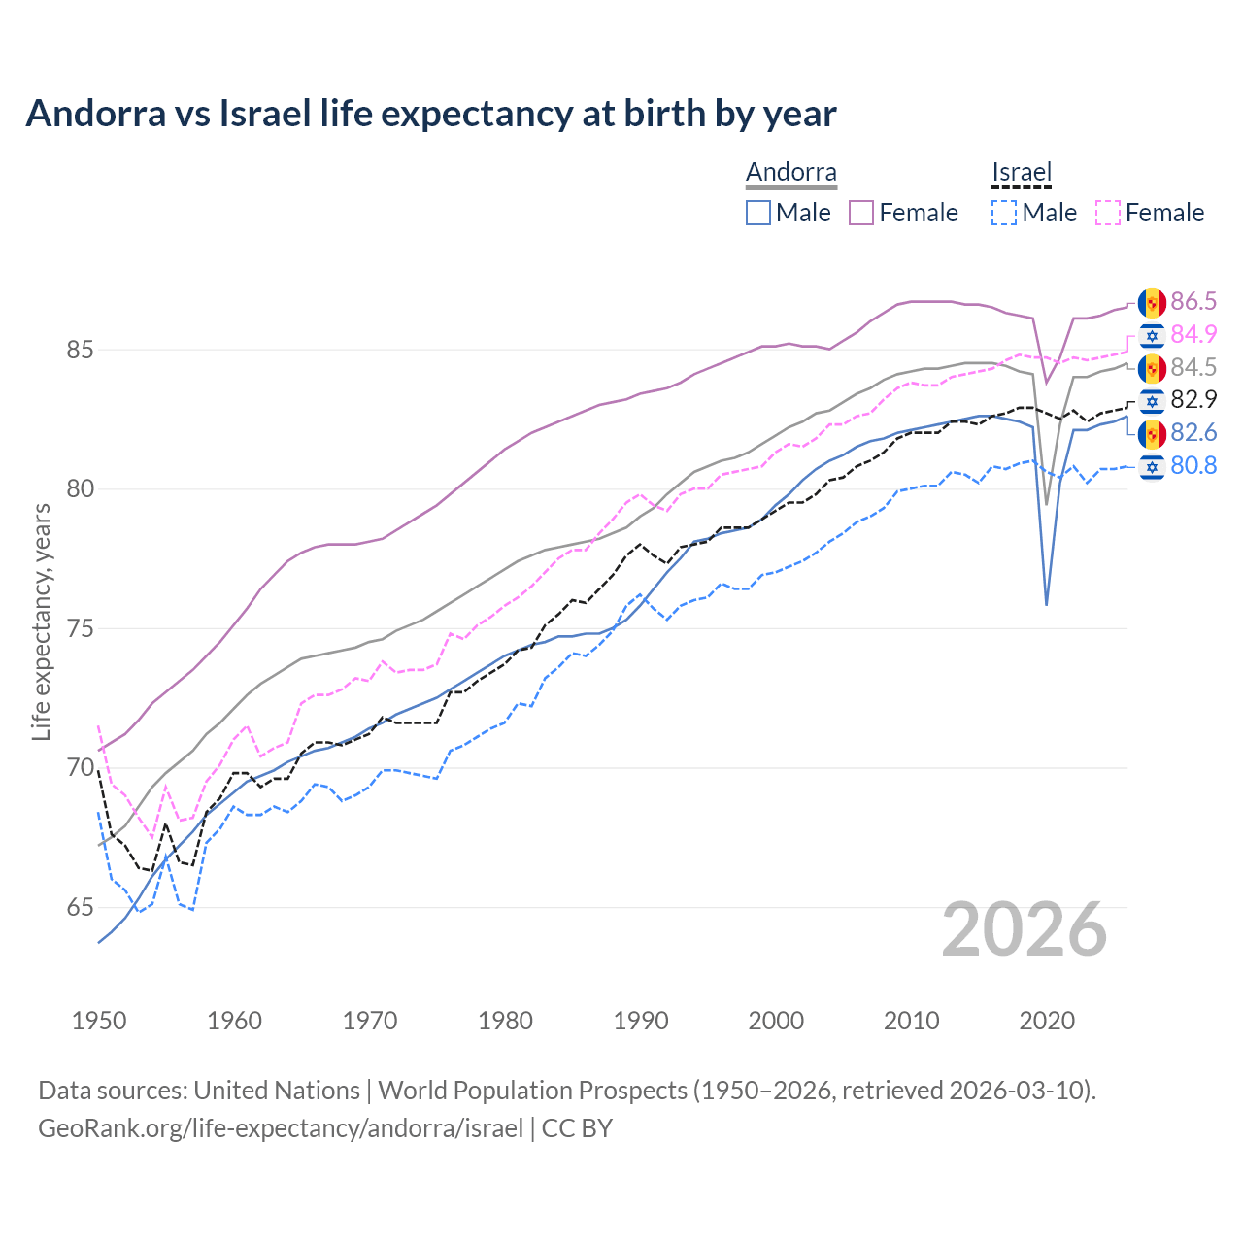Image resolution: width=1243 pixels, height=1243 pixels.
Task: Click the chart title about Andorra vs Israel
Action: [x=430, y=114]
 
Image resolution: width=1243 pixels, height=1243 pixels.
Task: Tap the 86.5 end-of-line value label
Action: [x=1193, y=301]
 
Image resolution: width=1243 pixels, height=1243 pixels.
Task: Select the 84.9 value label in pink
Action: [x=1193, y=334]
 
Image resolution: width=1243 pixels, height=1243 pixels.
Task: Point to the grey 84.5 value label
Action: [x=1193, y=367]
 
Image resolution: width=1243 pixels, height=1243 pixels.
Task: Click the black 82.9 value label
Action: [x=1193, y=399]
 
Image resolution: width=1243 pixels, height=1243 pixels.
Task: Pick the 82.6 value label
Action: [x=1193, y=432]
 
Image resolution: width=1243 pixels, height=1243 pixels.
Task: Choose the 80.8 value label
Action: [x=1193, y=465]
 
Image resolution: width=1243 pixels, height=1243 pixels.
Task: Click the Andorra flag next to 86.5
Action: [x=1152, y=302]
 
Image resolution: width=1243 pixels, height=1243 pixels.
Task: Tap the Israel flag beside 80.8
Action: [x=1152, y=466]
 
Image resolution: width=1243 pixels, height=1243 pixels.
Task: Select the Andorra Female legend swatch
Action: [x=861, y=213]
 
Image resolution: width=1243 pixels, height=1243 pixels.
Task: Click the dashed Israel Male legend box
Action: [x=1004, y=213]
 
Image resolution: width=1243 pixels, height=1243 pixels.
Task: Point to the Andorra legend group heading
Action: [x=790, y=173]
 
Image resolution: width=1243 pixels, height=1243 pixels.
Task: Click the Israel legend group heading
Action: [x=1022, y=173]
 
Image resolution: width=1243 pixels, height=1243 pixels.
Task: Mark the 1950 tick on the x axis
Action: [x=99, y=1021]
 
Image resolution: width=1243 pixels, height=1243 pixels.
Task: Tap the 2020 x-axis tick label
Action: [x=1047, y=1021]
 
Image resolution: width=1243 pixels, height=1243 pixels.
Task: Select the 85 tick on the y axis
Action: [x=80, y=350]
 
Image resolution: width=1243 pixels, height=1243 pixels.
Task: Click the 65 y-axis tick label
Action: [x=80, y=908]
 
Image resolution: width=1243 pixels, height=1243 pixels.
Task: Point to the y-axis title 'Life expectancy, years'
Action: [x=41, y=621]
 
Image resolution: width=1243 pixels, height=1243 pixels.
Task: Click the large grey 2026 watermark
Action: [x=1025, y=929]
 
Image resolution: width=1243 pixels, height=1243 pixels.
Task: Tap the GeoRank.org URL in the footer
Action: [x=281, y=1128]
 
